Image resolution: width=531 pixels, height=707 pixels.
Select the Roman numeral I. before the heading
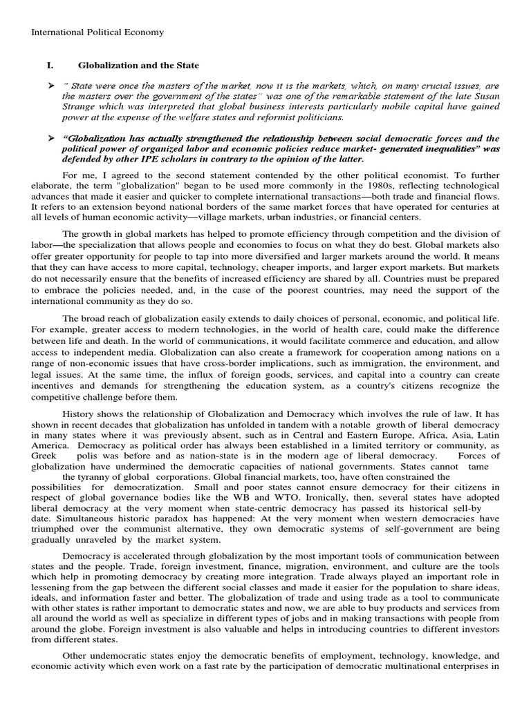49,66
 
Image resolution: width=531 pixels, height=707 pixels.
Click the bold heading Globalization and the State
138,66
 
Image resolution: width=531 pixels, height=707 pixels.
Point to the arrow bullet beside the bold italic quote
50,138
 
